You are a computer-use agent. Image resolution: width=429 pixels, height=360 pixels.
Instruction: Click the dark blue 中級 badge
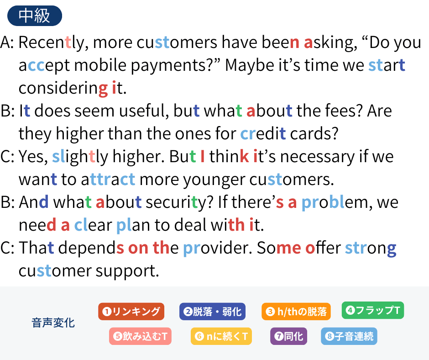click(x=35, y=16)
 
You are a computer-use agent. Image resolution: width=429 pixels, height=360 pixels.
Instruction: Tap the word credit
click(x=263, y=133)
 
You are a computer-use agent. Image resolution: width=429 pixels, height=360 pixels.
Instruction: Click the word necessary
click(x=317, y=157)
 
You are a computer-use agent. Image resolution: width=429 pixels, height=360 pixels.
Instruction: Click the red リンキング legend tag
click(x=131, y=312)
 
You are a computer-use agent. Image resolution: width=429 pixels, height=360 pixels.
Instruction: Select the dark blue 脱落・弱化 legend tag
click(x=212, y=312)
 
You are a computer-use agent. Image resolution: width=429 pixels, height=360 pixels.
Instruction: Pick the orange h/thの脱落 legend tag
click(x=296, y=312)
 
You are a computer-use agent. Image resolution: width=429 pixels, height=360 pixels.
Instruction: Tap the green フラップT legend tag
click(x=373, y=310)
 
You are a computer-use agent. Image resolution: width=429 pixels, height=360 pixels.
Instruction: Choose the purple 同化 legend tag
click(x=288, y=336)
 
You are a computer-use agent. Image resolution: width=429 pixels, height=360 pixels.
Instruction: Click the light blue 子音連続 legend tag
click(x=349, y=336)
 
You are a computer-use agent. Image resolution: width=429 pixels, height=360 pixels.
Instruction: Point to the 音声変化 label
click(x=53, y=323)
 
